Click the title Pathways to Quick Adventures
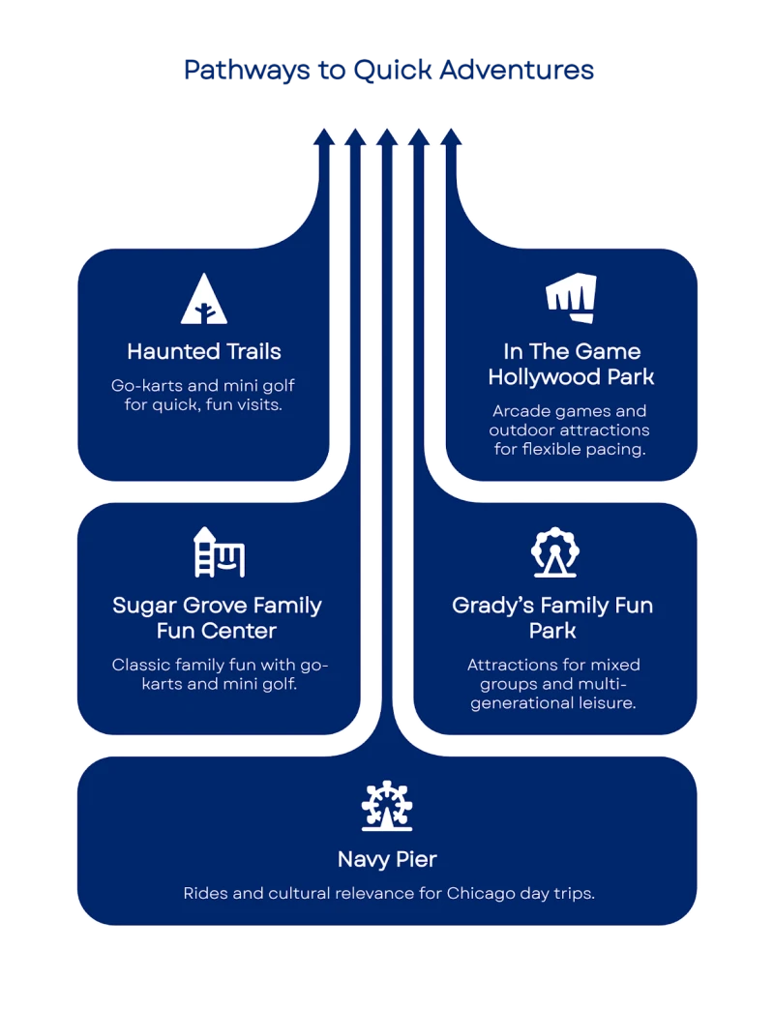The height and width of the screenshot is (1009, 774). (387, 71)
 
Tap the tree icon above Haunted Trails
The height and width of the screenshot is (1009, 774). (204, 299)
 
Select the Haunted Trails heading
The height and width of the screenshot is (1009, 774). (204, 350)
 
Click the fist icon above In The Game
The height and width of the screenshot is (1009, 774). (571, 298)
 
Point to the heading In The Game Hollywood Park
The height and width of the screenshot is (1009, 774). (571, 364)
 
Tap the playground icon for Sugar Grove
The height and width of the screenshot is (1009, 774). (219, 552)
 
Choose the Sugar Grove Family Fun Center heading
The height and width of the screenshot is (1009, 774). (217, 618)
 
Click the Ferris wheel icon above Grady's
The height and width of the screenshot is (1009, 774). (554, 552)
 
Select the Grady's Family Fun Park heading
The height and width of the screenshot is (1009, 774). (552, 618)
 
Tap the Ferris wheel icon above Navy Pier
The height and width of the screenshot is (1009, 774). (386, 807)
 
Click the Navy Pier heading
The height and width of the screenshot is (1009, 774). (387, 859)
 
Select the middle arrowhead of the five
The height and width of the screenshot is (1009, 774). (387, 137)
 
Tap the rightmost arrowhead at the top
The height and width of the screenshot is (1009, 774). (451, 137)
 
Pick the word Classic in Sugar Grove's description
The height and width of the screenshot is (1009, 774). (141, 665)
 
